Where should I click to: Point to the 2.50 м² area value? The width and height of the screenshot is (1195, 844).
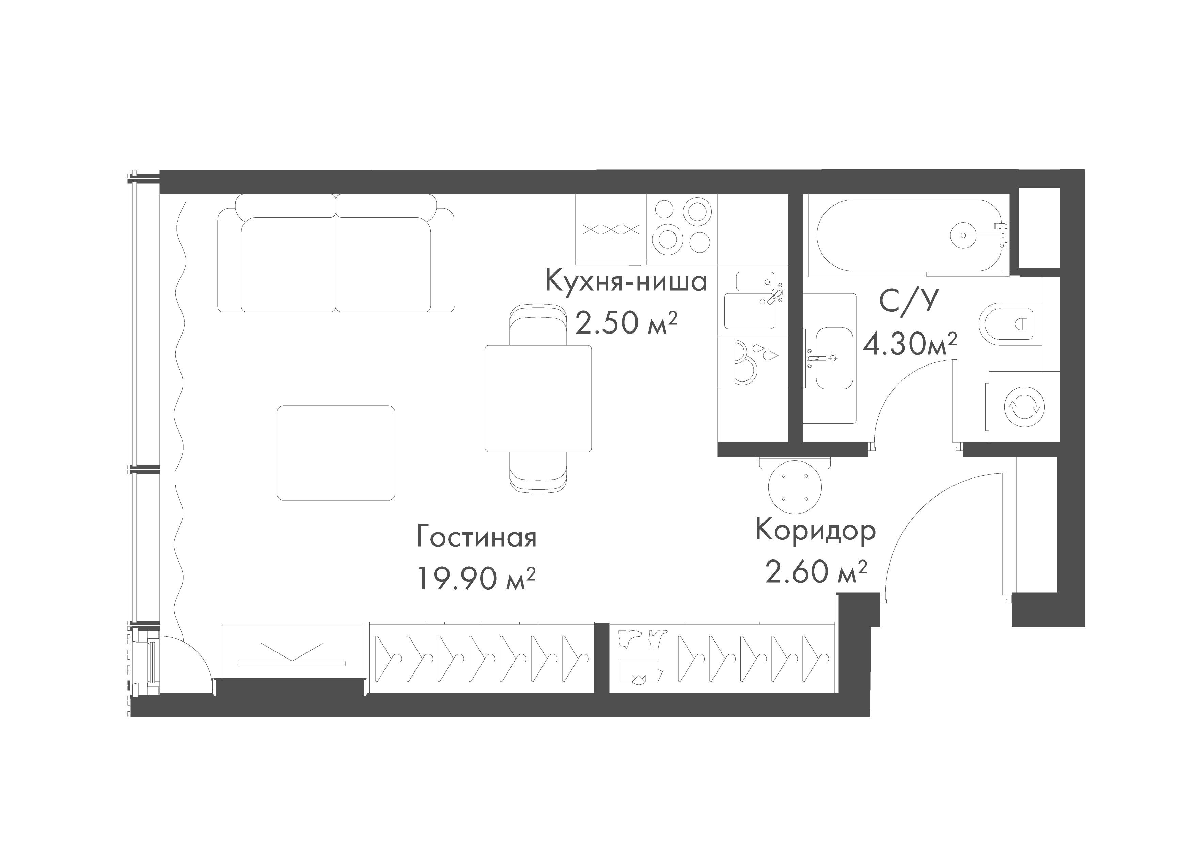(626, 323)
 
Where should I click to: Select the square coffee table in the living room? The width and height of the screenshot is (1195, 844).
(336, 452)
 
